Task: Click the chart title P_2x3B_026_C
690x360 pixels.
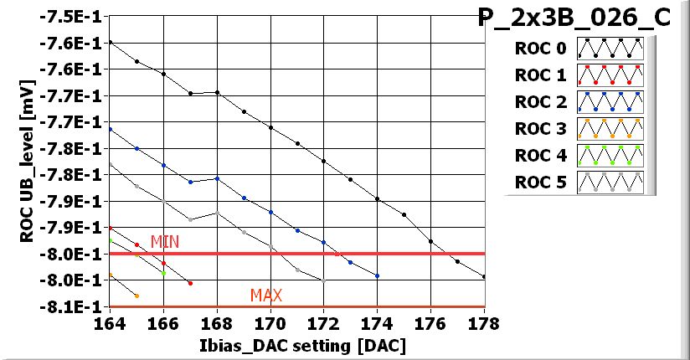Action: coord(574,18)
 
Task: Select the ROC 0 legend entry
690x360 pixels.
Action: coord(543,49)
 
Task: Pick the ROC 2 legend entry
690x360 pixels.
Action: coord(543,102)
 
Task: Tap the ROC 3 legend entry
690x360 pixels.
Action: coord(543,129)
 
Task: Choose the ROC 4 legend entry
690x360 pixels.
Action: coord(543,156)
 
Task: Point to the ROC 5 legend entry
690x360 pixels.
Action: coord(543,183)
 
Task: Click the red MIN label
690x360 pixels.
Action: coord(164,242)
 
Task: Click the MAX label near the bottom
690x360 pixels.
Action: coord(265,296)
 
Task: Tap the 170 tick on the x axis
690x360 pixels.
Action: coord(270,321)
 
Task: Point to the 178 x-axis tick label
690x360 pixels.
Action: coord(484,321)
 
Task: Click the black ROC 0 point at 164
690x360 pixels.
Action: coord(110,42)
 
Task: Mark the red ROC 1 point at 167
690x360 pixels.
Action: coord(190,283)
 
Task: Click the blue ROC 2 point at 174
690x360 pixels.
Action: coord(378,275)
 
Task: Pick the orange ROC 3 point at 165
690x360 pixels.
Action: coord(136,296)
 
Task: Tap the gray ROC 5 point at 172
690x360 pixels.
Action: coord(324,280)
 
